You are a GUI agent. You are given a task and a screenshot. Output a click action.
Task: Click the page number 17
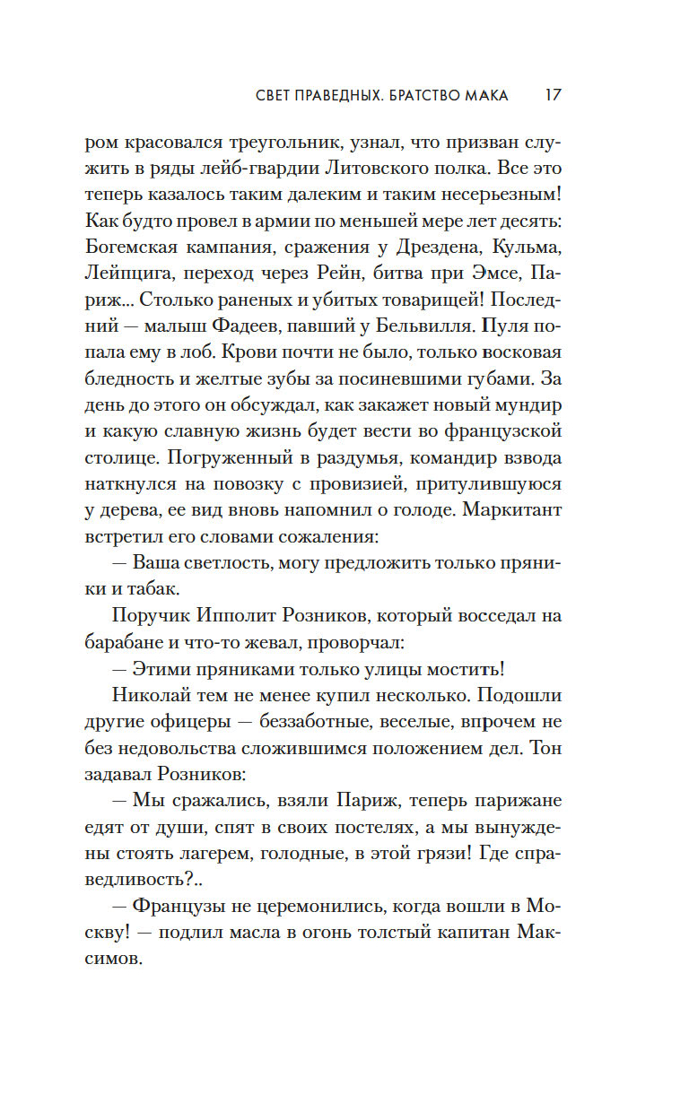pyautogui.click(x=553, y=95)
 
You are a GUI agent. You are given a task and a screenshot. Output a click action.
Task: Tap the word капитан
pyautogui.click(x=468, y=933)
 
